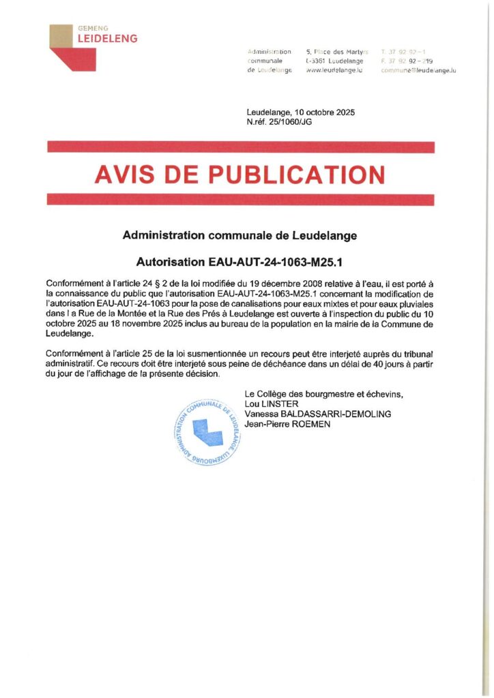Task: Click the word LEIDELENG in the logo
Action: point(107,39)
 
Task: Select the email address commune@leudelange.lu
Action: point(418,71)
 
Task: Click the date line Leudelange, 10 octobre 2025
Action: point(300,112)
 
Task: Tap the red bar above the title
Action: point(240,147)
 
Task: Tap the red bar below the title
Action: point(240,200)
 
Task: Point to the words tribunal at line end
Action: point(416,353)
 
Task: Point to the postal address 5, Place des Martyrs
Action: point(337,52)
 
